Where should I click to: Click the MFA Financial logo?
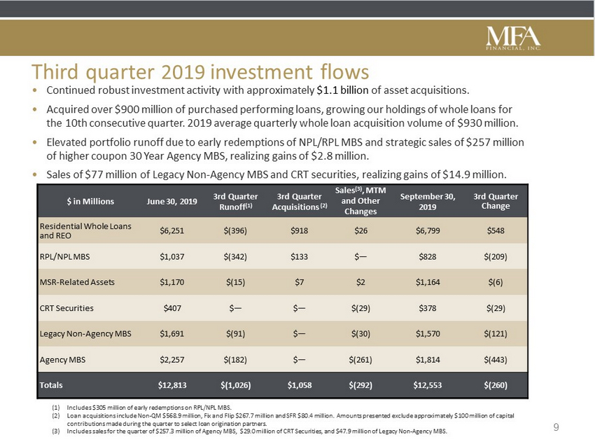tap(513, 39)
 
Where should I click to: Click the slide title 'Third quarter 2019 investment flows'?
tap(200, 71)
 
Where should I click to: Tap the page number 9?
tap(556, 427)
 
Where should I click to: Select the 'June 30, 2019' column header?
tap(172, 201)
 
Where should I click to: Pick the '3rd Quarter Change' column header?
tap(496, 201)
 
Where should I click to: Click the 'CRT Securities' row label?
tap(66, 308)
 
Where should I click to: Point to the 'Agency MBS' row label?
tap(62, 359)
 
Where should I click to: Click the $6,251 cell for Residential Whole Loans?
tap(172, 231)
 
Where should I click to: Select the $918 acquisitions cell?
tap(300, 231)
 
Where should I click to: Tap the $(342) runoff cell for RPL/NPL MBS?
tap(235, 256)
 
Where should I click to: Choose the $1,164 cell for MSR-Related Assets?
tap(428, 282)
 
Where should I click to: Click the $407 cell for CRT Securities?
tap(172, 308)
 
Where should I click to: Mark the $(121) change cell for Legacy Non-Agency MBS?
tap(496, 333)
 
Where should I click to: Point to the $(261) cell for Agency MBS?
tap(360, 359)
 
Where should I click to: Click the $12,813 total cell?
tap(172, 385)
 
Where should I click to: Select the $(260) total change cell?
tap(496, 385)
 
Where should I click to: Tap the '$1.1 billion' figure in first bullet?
tap(343, 90)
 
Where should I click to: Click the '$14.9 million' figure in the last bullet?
tap(475, 174)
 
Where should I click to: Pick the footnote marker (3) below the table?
tap(56, 432)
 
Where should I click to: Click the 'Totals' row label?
tap(51, 385)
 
